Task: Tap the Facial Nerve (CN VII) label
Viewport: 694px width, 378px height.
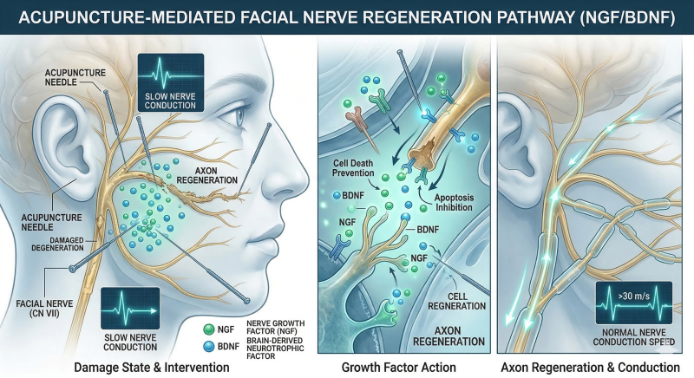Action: (44, 309)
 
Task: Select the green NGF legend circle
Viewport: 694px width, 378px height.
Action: (208, 329)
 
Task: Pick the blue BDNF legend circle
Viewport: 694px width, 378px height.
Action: (208, 346)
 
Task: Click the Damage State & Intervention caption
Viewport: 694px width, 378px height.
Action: (151, 368)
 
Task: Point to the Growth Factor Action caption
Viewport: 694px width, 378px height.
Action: (398, 368)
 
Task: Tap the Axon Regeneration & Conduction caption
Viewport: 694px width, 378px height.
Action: (591, 368)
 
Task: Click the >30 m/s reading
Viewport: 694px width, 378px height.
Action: (634, 296)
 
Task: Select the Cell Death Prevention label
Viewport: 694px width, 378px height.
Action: (353, 168)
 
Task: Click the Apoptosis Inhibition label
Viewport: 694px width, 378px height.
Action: (453, 203)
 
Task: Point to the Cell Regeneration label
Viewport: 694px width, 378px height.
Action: (457, 302)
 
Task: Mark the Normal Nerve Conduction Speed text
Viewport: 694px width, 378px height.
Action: (634, 337)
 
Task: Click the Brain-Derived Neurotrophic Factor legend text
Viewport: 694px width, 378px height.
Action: (275, 349)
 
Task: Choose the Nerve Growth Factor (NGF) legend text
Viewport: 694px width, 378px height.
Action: (275, 327)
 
